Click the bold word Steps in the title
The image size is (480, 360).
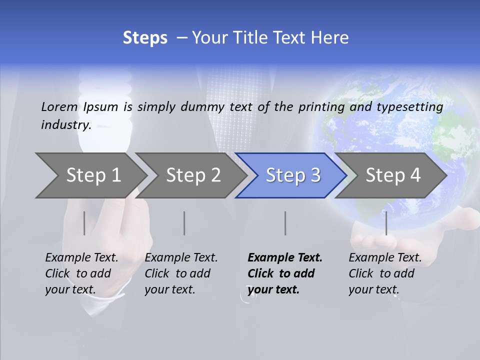(x=145, y=38)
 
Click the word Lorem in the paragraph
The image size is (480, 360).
(x=59, y=106)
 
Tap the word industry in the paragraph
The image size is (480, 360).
(x=65, y=125)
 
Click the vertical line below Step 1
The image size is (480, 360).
(x=84, y=223)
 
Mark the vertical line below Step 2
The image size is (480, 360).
(x=184, y=223)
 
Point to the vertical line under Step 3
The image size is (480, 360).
(x=285, y=223)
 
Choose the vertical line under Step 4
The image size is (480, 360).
(x=386, y=223)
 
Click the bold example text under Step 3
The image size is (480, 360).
(x=284, y=273)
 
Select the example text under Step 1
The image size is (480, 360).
(x=81, y=273)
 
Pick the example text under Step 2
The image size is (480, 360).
(x=181, y=273)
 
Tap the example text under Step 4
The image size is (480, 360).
(x=385, y=273)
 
